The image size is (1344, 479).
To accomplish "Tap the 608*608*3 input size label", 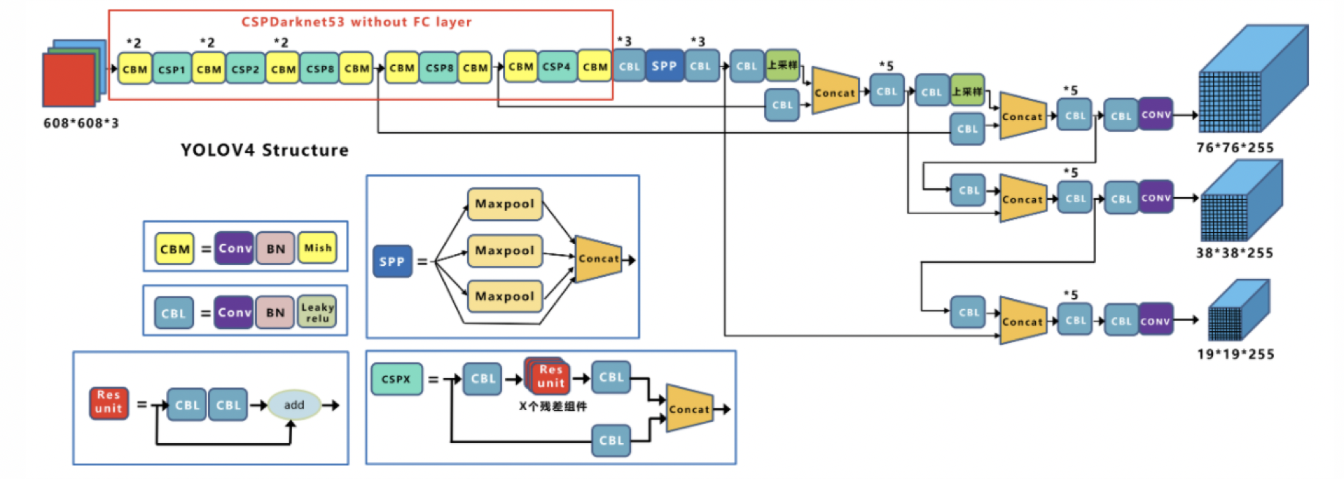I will (x=81, y=123).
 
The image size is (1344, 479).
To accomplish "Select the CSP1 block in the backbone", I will (x=171, y=69).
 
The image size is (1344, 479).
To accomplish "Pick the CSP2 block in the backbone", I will (x=245, y=69).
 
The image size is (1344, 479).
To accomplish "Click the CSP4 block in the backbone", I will (x=556, y=67).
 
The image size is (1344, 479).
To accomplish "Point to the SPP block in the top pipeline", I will (x=664, y=66).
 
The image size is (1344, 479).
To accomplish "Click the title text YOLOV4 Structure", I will (x=264, y=150).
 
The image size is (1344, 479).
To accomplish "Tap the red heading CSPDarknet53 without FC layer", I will (x=356, y=22).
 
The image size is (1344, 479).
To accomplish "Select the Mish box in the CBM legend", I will (x=318, y=248).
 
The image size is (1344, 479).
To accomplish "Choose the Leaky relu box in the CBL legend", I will (x=317, y=313).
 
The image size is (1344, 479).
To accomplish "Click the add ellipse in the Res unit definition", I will (x=294, y=404).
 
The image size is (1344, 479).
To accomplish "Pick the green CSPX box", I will (x=396, y=379).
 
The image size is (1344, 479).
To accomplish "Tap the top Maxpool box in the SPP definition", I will (x=504, y=204).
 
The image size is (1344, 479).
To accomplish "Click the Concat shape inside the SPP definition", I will (x=598, y=259).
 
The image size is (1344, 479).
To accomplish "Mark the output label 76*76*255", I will (x=1235, y=148).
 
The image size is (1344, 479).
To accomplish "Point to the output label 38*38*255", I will (x=1234, y=253).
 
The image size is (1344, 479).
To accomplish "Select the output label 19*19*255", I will (x=1235, y=354).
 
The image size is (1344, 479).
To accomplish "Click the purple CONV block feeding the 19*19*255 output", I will (x=1156, y=320).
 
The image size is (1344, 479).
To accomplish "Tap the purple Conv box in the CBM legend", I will (x=234, y=248).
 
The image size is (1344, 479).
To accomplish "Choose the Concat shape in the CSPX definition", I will (x=689, y=409).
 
